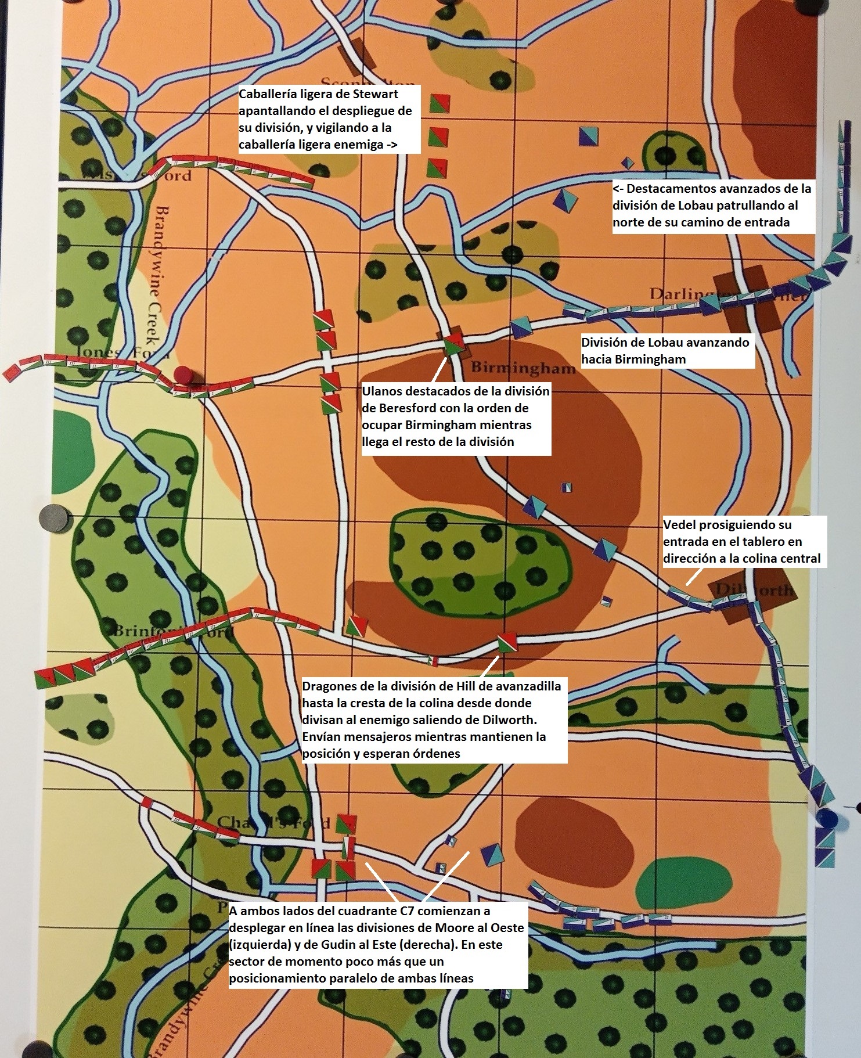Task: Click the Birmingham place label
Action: pyautogui.click(x=523, y=368)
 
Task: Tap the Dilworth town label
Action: pyautogui.click(x=754, y=590)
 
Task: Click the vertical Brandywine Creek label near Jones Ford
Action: pyautogui.click(x=157, y=279)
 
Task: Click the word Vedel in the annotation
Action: pyautogui.click(x=680, y=524)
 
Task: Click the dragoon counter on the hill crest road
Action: pyautogui.click(x=507, y=642)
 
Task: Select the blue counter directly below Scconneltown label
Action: pyautogui.click(x=589, y=135)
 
